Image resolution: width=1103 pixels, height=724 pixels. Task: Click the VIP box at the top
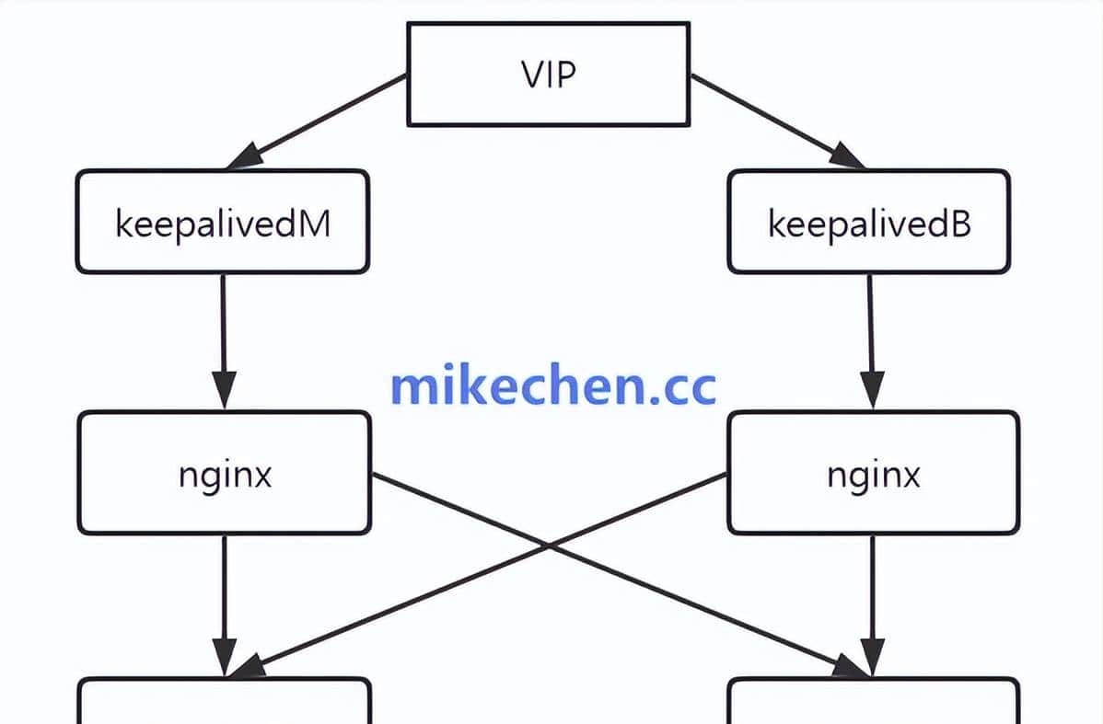(548, 74)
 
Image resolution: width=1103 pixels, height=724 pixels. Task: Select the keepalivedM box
(222, 222)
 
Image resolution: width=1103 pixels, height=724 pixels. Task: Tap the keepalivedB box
(868, 222)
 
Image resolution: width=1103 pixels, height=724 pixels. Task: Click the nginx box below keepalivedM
(225, 473)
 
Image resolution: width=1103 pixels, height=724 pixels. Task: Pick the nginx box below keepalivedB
(873, 473)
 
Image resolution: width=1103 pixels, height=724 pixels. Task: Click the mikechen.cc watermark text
(552, 386)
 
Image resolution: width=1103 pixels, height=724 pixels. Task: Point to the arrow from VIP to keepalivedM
(318, 121)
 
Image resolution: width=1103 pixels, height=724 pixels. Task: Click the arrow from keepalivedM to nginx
(223, 331)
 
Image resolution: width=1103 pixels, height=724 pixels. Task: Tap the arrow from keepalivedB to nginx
(870, 331)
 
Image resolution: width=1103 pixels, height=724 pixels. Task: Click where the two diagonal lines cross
(550, 546)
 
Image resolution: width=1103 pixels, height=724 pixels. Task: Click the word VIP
(548, 74)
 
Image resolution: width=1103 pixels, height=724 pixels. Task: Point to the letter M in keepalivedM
(314, 223)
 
